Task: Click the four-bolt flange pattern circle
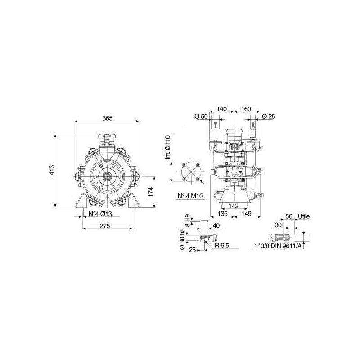(x=191, y=172)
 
